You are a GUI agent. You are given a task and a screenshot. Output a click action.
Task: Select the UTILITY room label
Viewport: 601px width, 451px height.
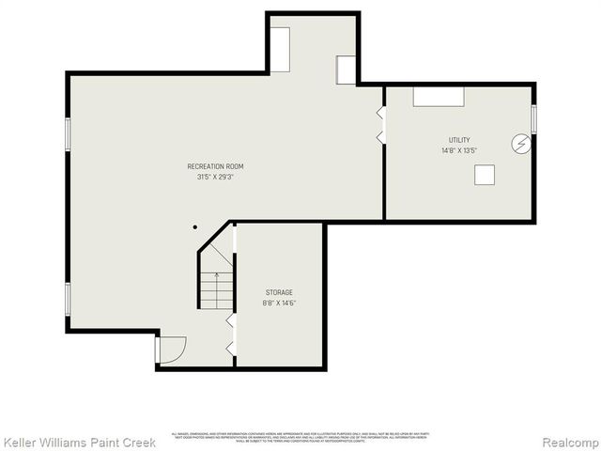pos(459,140)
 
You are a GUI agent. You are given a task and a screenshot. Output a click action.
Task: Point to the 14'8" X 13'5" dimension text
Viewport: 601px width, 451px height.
pos(459,150)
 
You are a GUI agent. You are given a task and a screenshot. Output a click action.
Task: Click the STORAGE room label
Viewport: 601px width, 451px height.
pos(278,292)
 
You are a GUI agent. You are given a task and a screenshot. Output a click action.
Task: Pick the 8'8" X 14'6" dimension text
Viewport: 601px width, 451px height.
pos(278,303)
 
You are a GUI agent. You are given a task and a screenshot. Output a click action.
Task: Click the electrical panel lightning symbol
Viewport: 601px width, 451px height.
pos(520,144)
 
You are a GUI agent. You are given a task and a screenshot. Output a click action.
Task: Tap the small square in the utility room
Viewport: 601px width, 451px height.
pos(485,175)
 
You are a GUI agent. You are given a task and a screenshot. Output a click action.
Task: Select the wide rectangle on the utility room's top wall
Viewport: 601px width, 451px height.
pos(439,96)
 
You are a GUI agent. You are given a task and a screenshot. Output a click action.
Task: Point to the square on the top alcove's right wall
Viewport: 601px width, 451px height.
pos(347,70)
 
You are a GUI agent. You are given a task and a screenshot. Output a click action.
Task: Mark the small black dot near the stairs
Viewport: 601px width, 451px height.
pos(195,226)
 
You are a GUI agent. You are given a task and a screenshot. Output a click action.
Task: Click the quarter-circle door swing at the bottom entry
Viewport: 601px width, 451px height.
pos(170,350)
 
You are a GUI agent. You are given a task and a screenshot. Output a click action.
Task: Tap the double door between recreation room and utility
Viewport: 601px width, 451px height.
pos(381,126)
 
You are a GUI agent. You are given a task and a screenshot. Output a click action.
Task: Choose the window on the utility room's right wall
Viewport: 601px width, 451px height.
pos(533,118)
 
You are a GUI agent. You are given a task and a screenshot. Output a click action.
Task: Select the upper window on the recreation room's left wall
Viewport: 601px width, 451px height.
pos(68,133)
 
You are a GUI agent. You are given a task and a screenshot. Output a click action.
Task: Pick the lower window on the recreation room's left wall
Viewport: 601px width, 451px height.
pos(68,298)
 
